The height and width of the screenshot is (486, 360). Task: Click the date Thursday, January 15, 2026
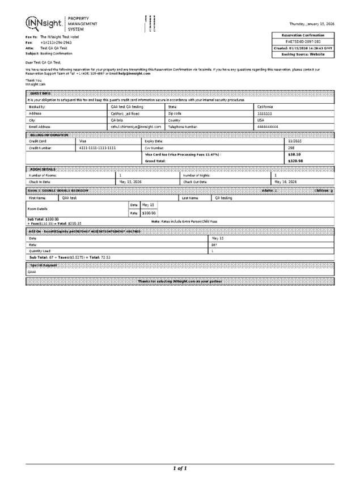311,24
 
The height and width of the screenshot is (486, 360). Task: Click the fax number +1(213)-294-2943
56,42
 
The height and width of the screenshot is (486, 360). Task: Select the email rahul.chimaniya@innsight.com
135,127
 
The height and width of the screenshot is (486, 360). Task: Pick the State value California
267,107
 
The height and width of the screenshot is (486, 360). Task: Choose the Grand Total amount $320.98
295,161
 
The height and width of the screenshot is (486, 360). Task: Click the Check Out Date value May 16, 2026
286,181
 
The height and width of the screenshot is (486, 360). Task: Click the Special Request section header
43,265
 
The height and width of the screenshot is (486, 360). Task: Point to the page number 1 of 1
180,468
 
